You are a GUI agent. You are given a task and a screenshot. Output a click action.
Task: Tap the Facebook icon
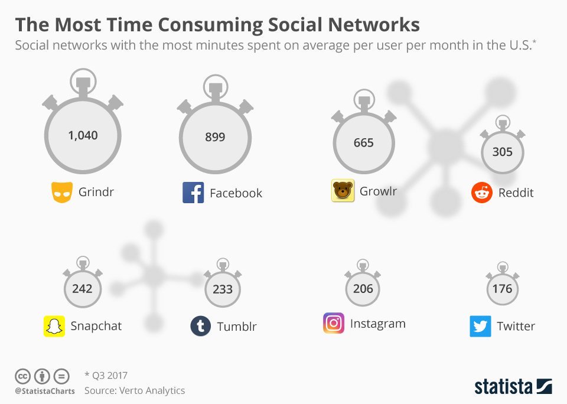point(193,193)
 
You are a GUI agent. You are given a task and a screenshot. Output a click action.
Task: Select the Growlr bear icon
point(343,191)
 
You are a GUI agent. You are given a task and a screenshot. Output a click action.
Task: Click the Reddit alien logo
point(482,193)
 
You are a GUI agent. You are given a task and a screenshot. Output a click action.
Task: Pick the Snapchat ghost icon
point(54,326)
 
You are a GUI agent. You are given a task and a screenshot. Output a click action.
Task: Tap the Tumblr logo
point(201,326)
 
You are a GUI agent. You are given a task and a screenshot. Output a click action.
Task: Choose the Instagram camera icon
point(334,324)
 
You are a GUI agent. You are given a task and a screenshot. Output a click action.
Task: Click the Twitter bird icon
point(480,326)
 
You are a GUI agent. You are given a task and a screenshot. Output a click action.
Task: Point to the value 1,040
point(83,135)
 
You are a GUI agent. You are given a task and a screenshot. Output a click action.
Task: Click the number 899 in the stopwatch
point(215,137)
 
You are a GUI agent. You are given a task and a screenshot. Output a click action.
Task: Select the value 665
point(363,143)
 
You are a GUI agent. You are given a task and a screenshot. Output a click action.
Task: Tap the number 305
point(503,152)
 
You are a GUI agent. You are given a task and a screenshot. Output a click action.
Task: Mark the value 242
point(82,288)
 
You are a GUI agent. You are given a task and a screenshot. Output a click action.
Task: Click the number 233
point(222,289)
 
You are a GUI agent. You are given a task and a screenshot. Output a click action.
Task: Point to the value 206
point(363,288)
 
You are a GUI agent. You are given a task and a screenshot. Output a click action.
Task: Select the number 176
point(503,289)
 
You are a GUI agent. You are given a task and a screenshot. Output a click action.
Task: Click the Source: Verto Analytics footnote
point(135,390)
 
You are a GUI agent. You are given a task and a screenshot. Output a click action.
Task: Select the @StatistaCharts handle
point(45,391)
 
